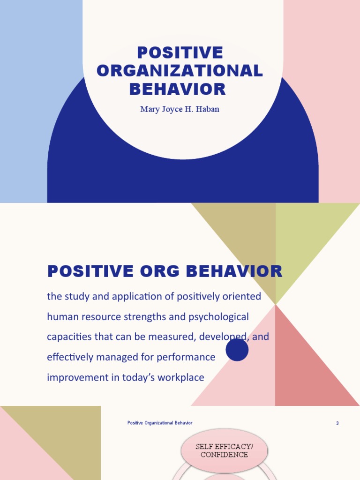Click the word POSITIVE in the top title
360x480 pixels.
[180, 53]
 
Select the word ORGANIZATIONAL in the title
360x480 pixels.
[180, 71]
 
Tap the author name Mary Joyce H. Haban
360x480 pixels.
[180, 110]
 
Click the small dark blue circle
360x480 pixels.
[237, 350]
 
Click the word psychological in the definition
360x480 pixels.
[220, 317]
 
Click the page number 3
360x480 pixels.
[337, 423]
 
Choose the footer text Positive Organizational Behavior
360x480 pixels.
[160, 423]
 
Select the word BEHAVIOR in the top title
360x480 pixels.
[180, 89]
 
